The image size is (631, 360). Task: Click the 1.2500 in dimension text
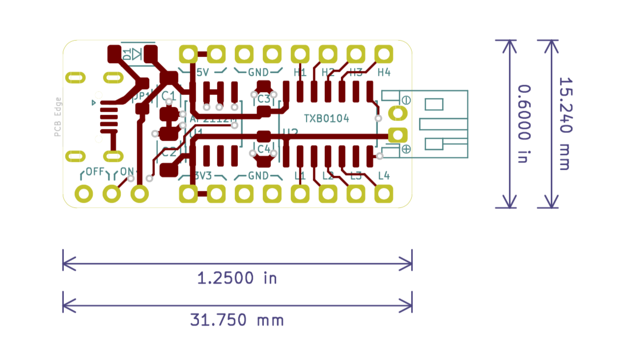click(237, 278)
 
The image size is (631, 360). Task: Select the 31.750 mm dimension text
click(237, 320)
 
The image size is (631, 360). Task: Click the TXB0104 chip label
click(326, 119)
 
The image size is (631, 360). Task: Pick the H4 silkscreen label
click(384, 73)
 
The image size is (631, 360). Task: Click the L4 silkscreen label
click(384, 176)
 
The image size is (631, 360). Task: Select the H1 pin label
click(300, 73)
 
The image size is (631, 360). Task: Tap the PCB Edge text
click(58, 117)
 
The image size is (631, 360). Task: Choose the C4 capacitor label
click(263, 148)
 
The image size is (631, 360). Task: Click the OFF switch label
click(95, 172)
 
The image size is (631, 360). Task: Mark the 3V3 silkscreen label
click(203, 176)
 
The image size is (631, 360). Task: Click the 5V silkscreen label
click(202, 73)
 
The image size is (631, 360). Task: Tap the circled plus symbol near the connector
click(406, 149)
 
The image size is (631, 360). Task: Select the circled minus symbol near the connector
click(406, 100)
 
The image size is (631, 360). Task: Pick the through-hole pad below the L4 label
click(384, 194)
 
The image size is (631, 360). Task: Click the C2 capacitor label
click(169, 153)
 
